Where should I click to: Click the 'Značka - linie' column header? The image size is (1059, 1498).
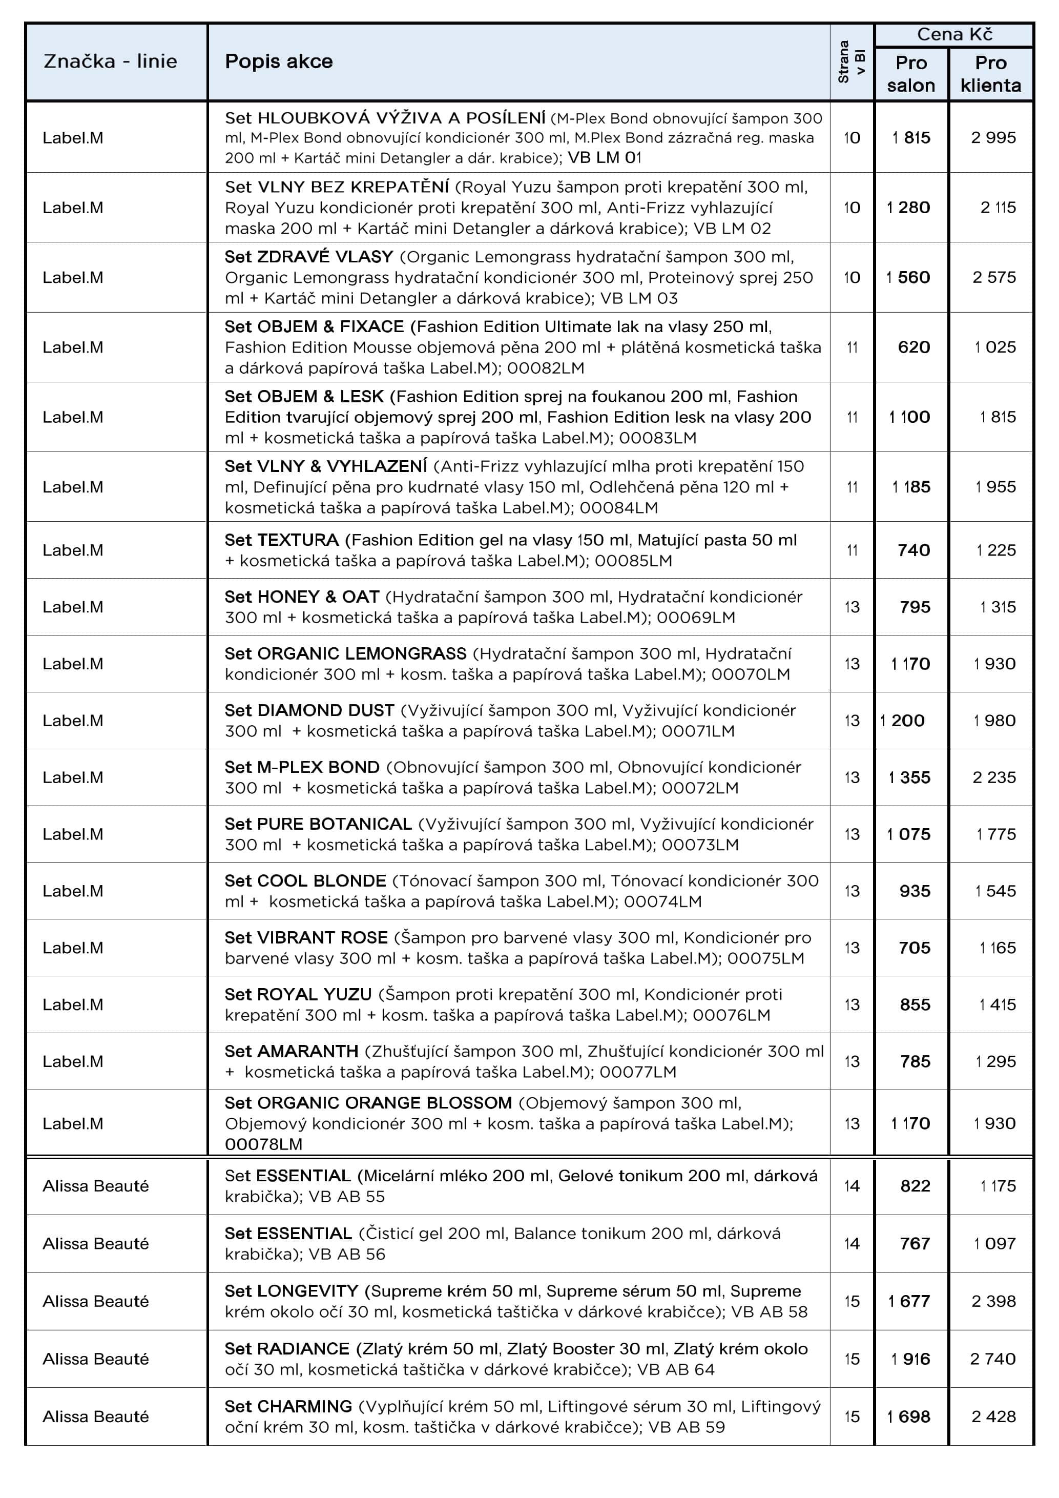(x=110, y=61)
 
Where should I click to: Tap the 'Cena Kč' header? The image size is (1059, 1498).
(x=954, y=34)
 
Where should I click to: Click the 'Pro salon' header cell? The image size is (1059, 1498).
(x=911, y=74)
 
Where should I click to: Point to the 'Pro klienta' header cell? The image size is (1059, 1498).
(x=990, y=74)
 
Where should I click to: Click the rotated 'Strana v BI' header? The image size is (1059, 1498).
(x=852, y=61)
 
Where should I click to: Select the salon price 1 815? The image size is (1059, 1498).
(x=911, y=138)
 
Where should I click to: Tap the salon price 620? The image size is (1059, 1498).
(x=913, y=347)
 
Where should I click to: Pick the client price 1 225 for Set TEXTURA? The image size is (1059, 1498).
(x=996, y=550)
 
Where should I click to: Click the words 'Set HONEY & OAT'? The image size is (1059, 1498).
(x=302, y=597)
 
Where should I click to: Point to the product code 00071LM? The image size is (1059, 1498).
(x=698, y=731)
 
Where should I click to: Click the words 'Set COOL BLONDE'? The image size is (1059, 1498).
(x=305, y=881)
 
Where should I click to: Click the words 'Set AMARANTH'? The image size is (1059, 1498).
(x=292, y=1051)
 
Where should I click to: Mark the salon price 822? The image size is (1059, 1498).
(x=915, y=1185)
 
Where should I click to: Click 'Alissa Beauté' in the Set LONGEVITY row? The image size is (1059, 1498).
(x=96, y=1301)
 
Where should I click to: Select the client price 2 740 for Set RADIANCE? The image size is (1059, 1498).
(x=992, y=1359)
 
